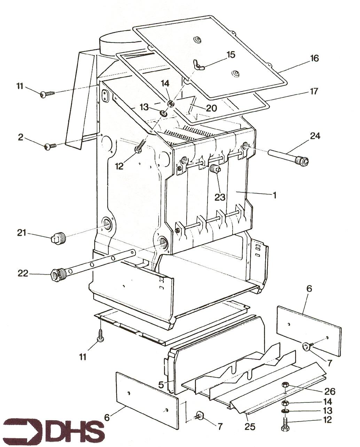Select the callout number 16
click(314, 58)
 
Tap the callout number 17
click(314, 91)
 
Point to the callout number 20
click(211, 108)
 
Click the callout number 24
click(315, 136)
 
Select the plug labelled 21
click(56, 238)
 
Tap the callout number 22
click(23, 273)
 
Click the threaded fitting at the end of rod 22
click(57, 275)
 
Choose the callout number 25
click(250, 426)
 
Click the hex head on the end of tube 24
click(303, 161)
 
